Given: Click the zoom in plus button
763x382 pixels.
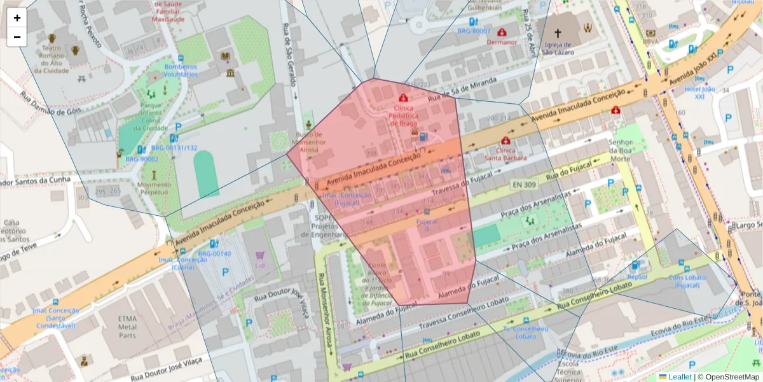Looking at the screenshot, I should pos(17,18).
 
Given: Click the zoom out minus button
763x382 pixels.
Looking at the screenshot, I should pos(17,37).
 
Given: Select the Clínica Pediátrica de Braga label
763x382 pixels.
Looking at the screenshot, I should pos(403,116).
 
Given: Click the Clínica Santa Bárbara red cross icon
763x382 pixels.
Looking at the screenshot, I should pos(505,141).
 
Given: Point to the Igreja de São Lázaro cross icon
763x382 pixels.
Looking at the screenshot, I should pos(558,33).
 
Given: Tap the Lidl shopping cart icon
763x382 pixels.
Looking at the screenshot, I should pos(259,255).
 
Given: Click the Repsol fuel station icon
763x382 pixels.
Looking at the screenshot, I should pos(635,265).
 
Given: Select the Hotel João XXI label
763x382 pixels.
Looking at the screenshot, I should pos(699,93).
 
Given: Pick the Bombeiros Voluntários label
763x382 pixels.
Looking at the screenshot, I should pos(181,70).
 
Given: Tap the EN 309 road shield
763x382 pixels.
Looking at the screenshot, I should pos(524,185).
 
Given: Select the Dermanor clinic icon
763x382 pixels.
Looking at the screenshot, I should pos(502,32).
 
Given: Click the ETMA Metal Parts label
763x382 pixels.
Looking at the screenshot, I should pos(118,327).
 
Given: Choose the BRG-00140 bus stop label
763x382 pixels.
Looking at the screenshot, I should pos(214,254).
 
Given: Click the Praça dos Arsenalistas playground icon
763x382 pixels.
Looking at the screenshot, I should pos(529,221).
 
